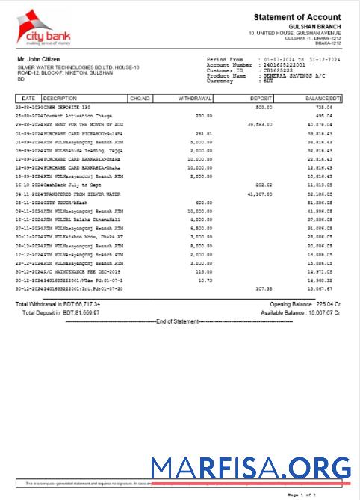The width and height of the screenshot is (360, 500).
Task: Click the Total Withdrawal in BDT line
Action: pyautogui.click(x=58, y=304)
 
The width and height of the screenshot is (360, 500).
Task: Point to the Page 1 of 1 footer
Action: pyautogui.click(x=302, y=495)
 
